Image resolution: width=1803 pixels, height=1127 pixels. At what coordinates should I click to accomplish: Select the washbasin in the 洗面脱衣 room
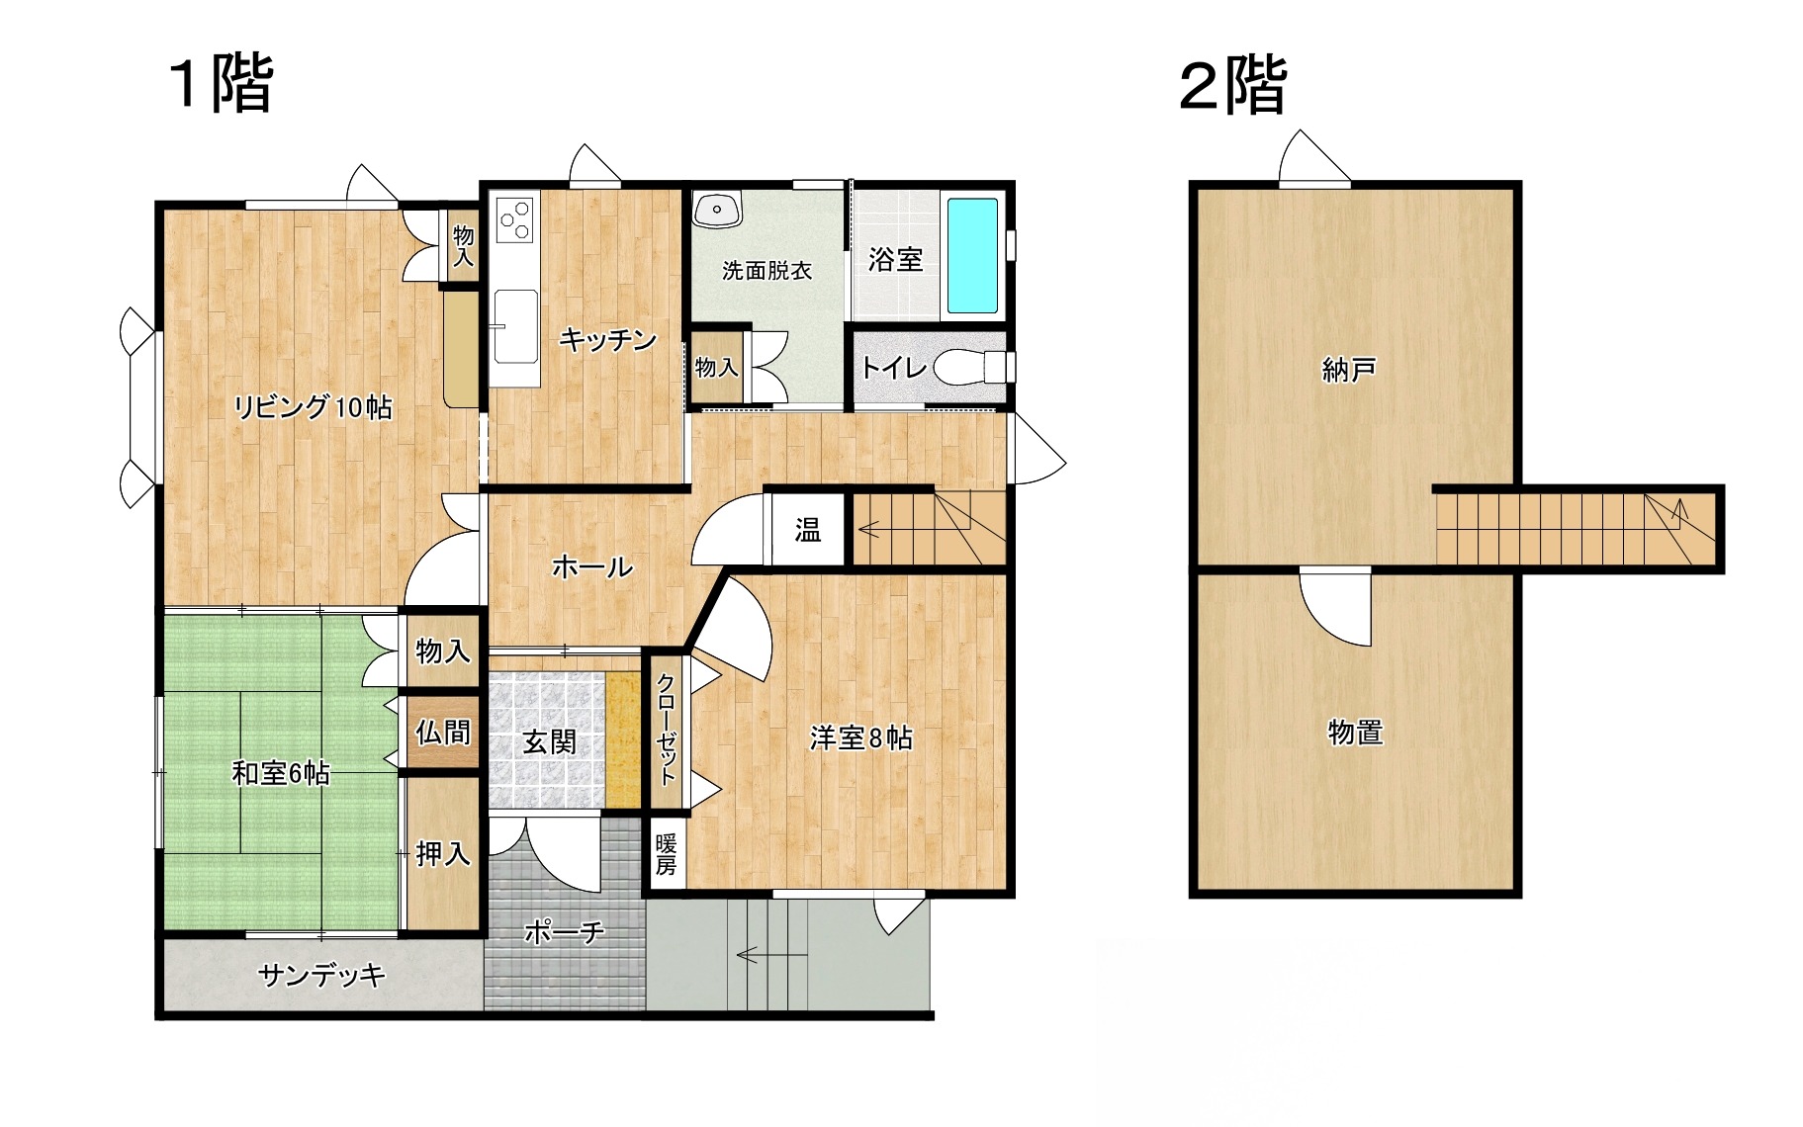717,210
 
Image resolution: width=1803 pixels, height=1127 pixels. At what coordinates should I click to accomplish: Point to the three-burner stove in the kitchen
515,218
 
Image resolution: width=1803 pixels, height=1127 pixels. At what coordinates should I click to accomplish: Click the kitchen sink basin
515,322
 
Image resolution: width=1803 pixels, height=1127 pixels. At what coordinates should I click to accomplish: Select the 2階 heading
1233,85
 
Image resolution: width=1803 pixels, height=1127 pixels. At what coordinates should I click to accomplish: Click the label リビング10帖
313,406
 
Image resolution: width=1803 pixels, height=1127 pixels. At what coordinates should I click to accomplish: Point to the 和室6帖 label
281,772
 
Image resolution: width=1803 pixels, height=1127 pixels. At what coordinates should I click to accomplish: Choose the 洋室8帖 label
860,737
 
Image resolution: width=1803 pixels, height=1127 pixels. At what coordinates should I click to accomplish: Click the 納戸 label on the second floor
1349,370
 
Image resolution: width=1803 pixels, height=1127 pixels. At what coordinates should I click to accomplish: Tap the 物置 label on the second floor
1355,733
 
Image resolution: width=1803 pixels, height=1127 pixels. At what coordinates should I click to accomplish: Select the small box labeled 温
808,530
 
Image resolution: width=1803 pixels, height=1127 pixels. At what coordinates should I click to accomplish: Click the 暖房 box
667,855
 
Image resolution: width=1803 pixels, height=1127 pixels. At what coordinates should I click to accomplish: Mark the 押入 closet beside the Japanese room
443,853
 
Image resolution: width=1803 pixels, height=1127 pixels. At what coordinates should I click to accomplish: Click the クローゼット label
667,729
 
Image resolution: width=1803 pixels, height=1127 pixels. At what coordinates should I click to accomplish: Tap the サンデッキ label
321,976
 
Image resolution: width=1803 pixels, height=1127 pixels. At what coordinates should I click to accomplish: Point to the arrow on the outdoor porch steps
771,956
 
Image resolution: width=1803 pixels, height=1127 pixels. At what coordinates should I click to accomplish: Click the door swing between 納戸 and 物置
1335,607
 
